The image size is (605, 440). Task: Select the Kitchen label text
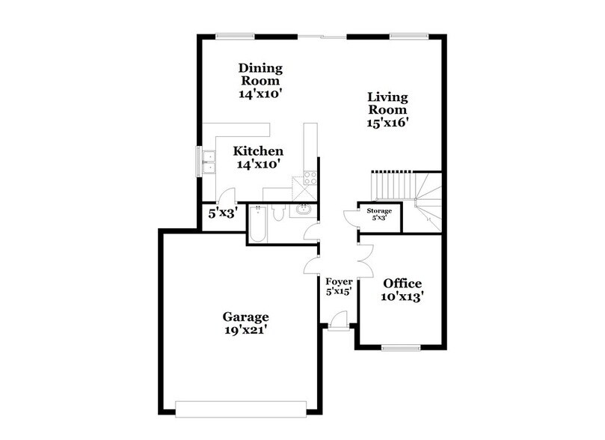[257, 151]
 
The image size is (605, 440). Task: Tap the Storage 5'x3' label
[378, 215]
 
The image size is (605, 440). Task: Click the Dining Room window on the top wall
[229, 34]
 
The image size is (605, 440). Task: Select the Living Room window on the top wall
[404, 34]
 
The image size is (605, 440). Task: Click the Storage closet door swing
[350, 217]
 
